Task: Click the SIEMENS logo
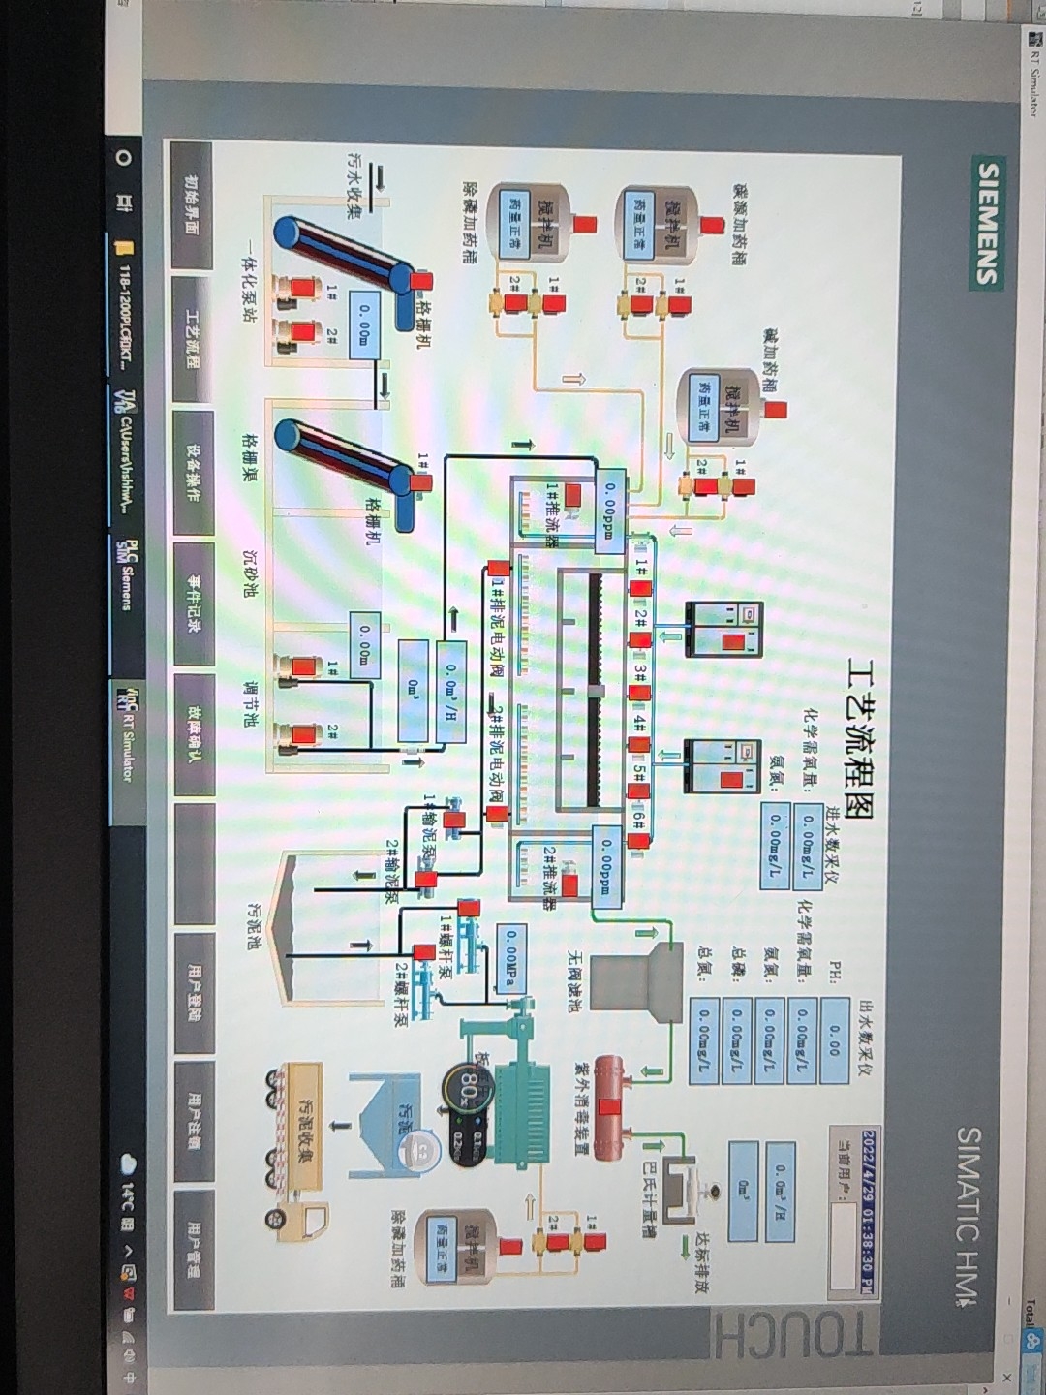pos(986,223)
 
